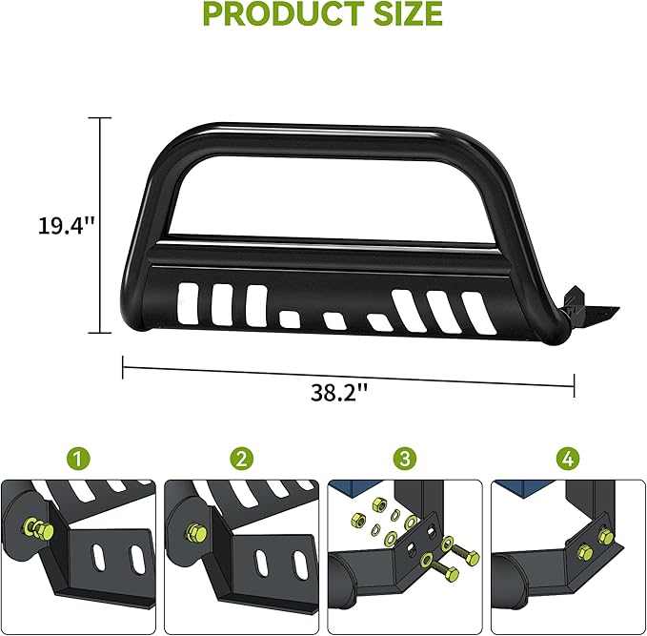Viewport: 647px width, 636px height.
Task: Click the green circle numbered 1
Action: point(80,459)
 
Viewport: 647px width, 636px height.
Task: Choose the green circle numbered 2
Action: point(243,459)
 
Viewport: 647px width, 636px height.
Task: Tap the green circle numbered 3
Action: point(406,459)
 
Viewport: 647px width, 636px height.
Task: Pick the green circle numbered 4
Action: point(569,459)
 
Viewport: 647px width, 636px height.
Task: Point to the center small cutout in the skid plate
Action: point(334,320)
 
